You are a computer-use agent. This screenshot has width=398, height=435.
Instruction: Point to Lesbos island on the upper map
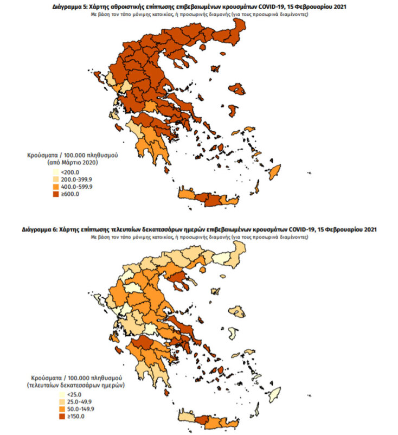tap(237, 89)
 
